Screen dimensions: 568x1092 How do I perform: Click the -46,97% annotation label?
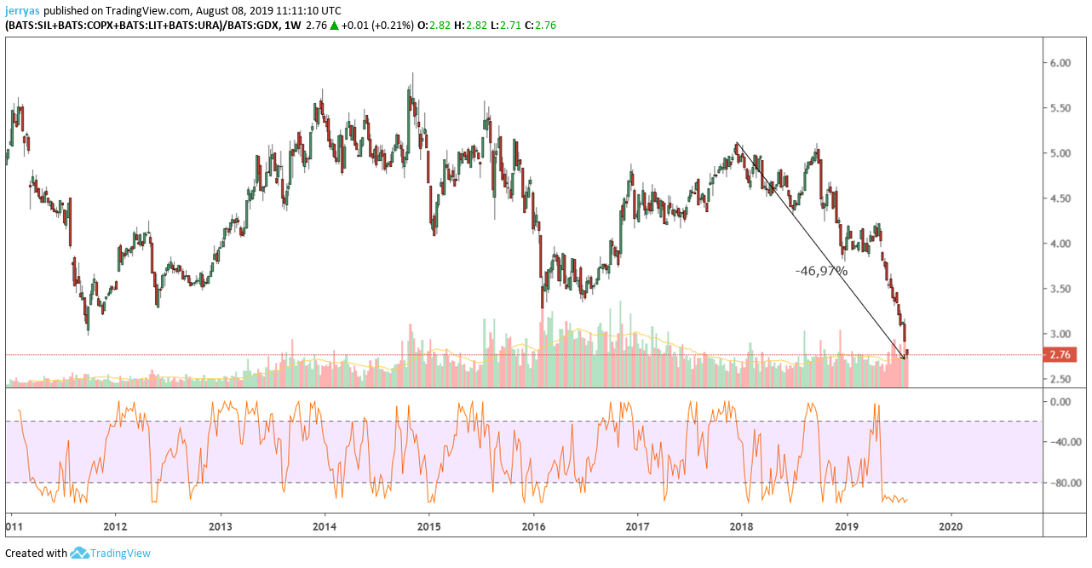(821, 271)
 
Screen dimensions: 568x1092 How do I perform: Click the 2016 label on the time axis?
(533, 526)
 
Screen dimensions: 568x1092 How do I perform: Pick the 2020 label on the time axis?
(950, 526)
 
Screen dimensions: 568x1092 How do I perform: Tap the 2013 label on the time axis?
(221, 526)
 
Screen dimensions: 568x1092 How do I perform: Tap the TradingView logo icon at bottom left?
(80, 554)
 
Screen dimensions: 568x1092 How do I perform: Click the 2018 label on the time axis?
(741, 526)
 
